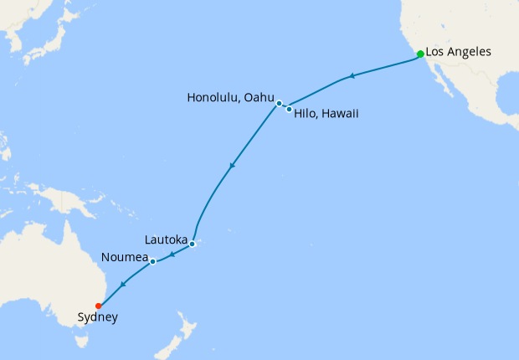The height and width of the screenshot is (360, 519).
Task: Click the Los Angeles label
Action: click(x=458, y=52)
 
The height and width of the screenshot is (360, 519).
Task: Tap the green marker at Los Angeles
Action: click(x=420, y=54)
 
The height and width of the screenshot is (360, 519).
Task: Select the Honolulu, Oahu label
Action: click(x=229, y=97)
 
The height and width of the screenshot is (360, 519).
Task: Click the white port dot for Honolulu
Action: click(x=279, y=103)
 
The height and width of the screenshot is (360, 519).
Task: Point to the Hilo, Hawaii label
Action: click(x=326, y=113)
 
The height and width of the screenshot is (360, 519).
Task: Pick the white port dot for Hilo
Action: click(x=289, y=109)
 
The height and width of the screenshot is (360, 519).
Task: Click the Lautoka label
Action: click(x=165, y=240)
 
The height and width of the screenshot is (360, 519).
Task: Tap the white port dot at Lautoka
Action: click(x=192, y=244)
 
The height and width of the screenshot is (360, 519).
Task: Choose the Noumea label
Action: click(x=124, y=255)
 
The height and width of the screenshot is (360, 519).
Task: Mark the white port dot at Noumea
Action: click(x=153, y=261)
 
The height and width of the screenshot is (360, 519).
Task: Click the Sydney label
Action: click(x=97, y=317)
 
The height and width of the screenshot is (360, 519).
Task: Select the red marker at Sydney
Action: click(x=99, y=306)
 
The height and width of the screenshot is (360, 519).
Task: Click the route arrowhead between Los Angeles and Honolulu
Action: click(x=352, y=76)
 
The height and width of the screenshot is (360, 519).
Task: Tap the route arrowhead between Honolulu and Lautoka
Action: click(x=231, y=165)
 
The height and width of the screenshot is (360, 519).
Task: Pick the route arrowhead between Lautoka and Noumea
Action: click(x=172, y=254)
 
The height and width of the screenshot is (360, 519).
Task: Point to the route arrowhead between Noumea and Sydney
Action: click(x=124, y=285)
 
